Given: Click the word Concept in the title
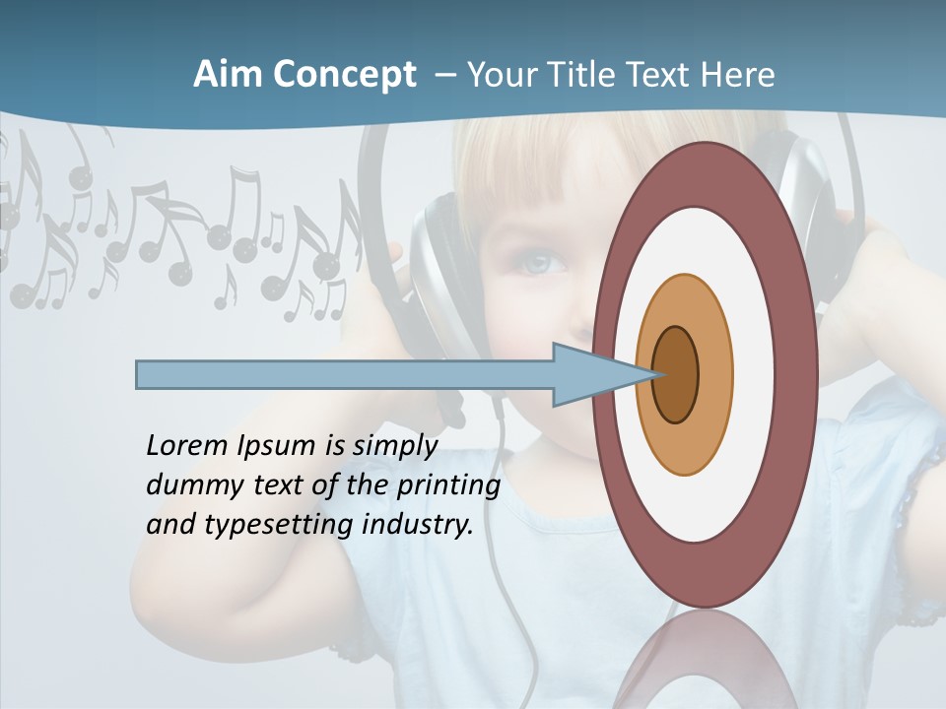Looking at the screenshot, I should [x=343, y=75].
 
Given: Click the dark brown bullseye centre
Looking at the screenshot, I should [x=675, y=375].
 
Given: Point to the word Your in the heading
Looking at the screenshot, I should [x=499, y=75].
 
